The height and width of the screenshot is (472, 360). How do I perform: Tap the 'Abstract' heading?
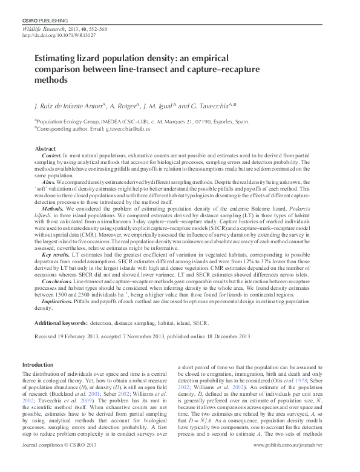45,148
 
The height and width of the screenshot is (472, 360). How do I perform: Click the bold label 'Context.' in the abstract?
53,156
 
